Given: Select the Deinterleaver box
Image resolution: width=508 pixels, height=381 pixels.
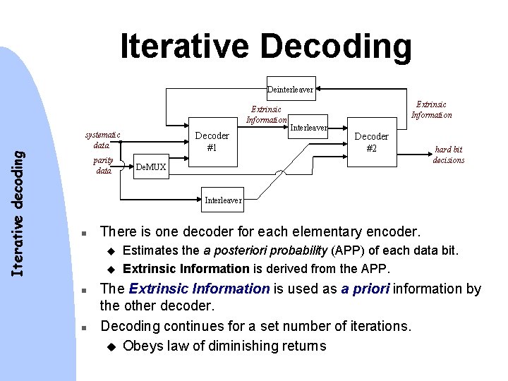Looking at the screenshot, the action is pos(290,90).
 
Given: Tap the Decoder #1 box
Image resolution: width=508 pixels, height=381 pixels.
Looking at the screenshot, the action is pos(212,141).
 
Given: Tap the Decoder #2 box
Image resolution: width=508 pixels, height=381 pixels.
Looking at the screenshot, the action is pos(371,142).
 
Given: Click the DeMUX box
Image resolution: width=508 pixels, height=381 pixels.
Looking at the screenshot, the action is pos(150,167).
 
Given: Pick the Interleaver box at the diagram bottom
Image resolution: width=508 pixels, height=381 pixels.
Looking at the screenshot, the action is pos(223,200).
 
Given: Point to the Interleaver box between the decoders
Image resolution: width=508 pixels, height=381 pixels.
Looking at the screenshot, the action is pos(309,128).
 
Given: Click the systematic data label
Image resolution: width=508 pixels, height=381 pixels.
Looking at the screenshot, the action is pos(102,140).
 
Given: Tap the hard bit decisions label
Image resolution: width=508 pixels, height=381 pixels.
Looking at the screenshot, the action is pos(449,155).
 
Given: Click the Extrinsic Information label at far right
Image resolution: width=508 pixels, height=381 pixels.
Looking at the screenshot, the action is pos(431,109).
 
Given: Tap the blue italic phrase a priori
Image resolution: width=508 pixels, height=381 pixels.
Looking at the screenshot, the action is pos(366,289).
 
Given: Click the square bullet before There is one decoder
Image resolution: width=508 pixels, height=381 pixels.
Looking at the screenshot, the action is pos(83,232).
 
